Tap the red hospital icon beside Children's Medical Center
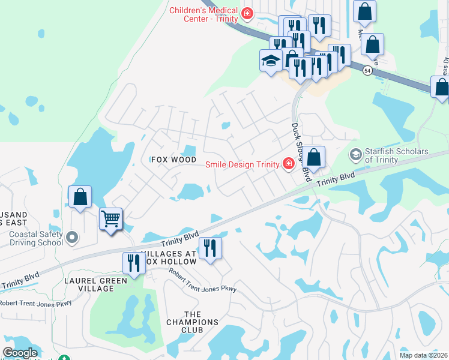[246, 13]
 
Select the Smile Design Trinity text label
[242, 164]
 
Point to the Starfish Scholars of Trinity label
[397, 155]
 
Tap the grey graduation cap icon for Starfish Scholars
[356, 155]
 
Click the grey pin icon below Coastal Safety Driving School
[73, 238]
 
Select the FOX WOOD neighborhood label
[173, 160]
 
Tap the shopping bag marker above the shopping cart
[80, 197]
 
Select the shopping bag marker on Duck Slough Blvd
[313, 157]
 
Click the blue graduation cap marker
[271, 60]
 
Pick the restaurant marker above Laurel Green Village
[133, 263]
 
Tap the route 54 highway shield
[366, 71]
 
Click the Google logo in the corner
[20, 353]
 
